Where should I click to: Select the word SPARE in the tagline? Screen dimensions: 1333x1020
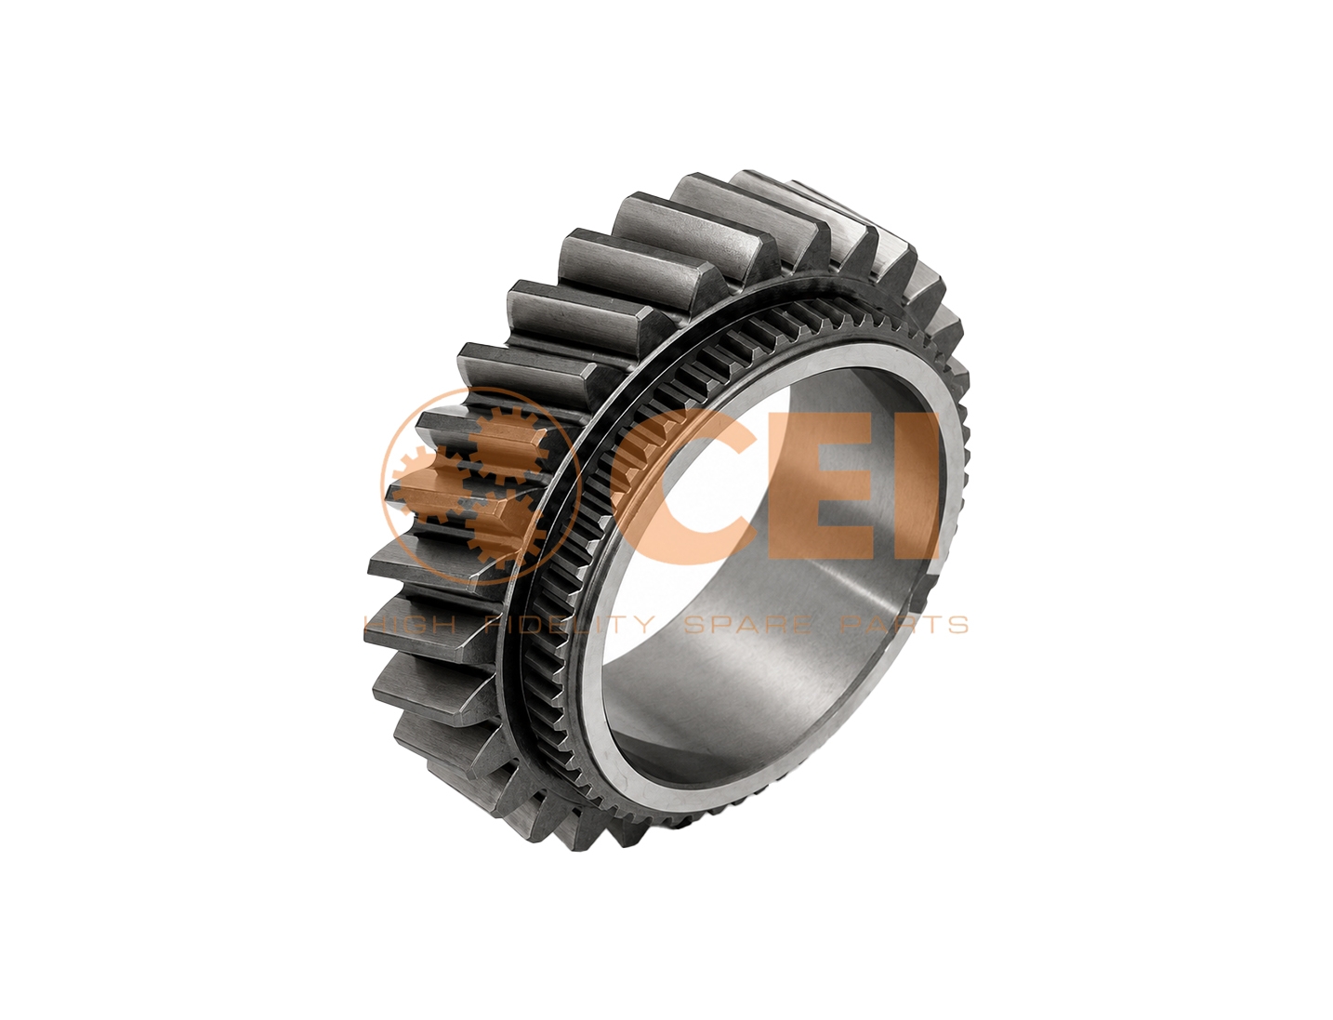point(748,625)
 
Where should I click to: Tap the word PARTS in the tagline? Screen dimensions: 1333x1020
point(904,625)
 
